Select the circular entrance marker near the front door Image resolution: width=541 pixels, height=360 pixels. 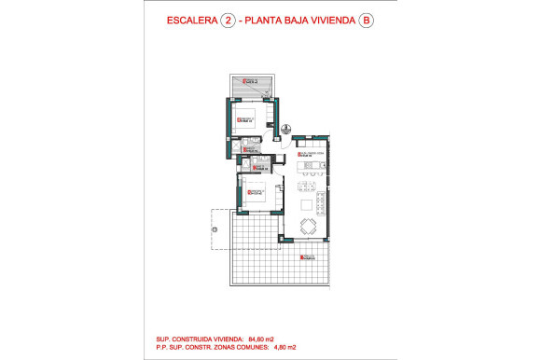286,130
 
